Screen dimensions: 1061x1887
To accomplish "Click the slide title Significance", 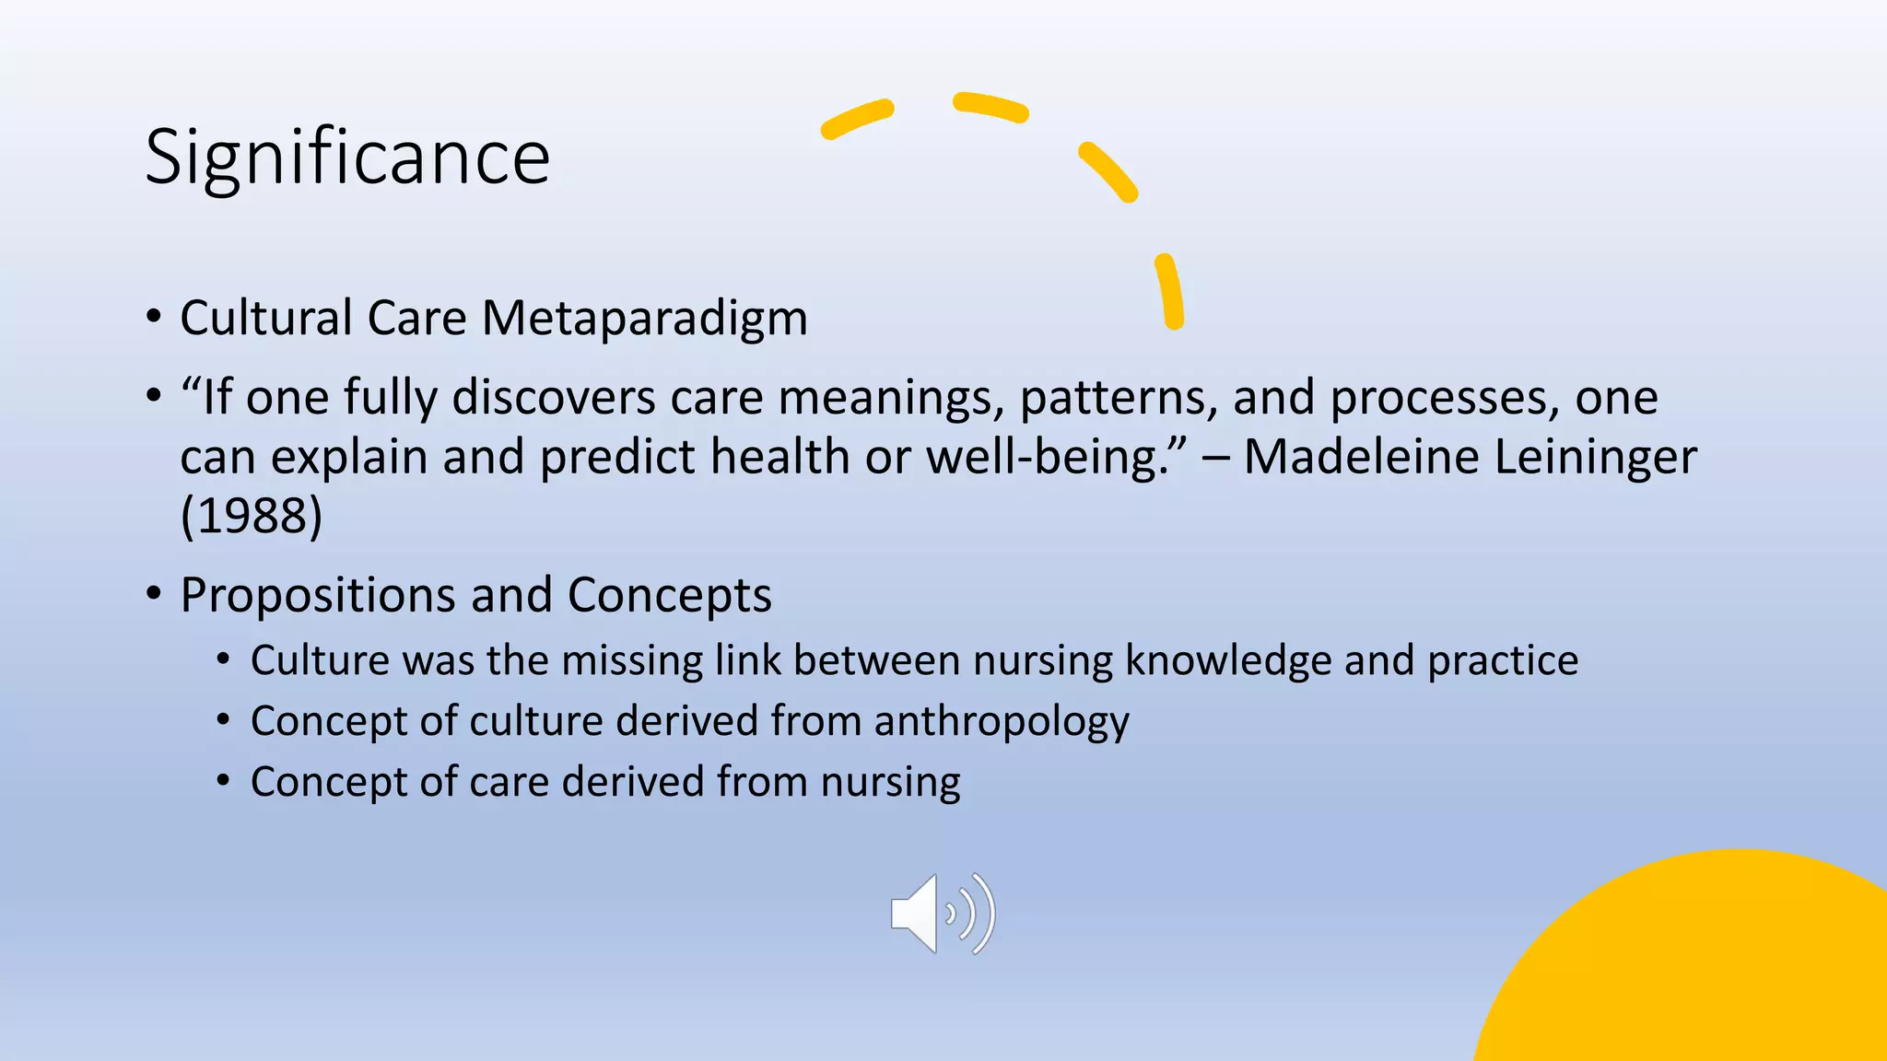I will tap(347, 157).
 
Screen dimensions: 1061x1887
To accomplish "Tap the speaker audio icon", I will tap(942, 914).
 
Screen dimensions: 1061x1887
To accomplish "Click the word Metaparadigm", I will tap(644, 319).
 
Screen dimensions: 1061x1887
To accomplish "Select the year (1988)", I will tap(252, 516).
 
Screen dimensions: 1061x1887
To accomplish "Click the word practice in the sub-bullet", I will tap(1502, 661).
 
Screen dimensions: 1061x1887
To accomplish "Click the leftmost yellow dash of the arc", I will tap(857, 120).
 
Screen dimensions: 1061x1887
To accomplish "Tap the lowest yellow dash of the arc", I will tap(1169, 291).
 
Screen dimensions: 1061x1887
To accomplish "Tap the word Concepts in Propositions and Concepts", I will tap(669, 595).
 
